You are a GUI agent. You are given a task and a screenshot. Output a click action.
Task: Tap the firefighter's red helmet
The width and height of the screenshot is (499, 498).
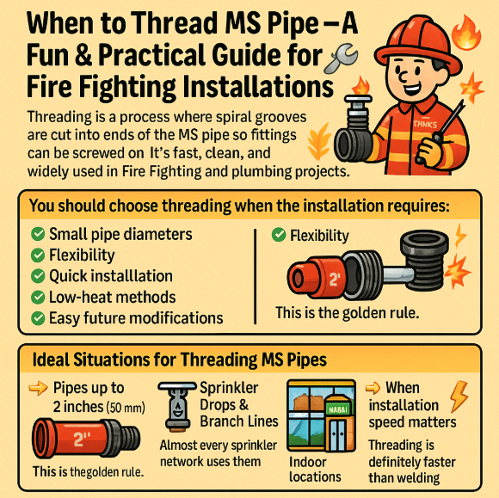(x=418, y=44)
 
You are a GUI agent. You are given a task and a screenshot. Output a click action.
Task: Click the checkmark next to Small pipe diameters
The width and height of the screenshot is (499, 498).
(x=38, y=234)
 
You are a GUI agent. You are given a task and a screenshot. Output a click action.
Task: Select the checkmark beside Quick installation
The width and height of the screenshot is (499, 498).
(x=38, y=276)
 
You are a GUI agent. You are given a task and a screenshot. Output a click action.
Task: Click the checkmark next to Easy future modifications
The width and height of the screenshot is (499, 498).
(x=38, y=318)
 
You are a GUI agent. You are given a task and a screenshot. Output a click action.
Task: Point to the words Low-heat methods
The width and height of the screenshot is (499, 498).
(x=113, y=298)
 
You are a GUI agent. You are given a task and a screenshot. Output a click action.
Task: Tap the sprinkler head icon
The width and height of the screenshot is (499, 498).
(x=177, y=407)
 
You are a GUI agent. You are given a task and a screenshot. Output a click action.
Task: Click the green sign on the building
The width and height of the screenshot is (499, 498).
(x=338, y=409)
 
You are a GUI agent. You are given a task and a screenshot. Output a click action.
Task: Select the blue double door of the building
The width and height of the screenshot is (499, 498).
(x=337, y=433)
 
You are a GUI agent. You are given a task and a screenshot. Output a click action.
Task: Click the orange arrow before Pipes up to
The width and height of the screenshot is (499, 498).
(x=38, y=389)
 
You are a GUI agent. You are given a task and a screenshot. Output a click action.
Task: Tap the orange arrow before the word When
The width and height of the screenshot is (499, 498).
(x=373, y=388)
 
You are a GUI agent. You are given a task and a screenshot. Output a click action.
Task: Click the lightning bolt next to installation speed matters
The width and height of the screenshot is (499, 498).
(x=459, y=396)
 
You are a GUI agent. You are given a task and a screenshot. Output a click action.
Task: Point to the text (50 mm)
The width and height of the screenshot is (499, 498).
(x=126, y=408)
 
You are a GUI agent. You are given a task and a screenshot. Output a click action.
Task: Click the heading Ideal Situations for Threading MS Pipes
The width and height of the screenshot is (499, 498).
(x=180, y=360)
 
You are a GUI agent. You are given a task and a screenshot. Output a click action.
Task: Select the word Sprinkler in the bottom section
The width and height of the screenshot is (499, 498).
(x=229, y=388)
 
